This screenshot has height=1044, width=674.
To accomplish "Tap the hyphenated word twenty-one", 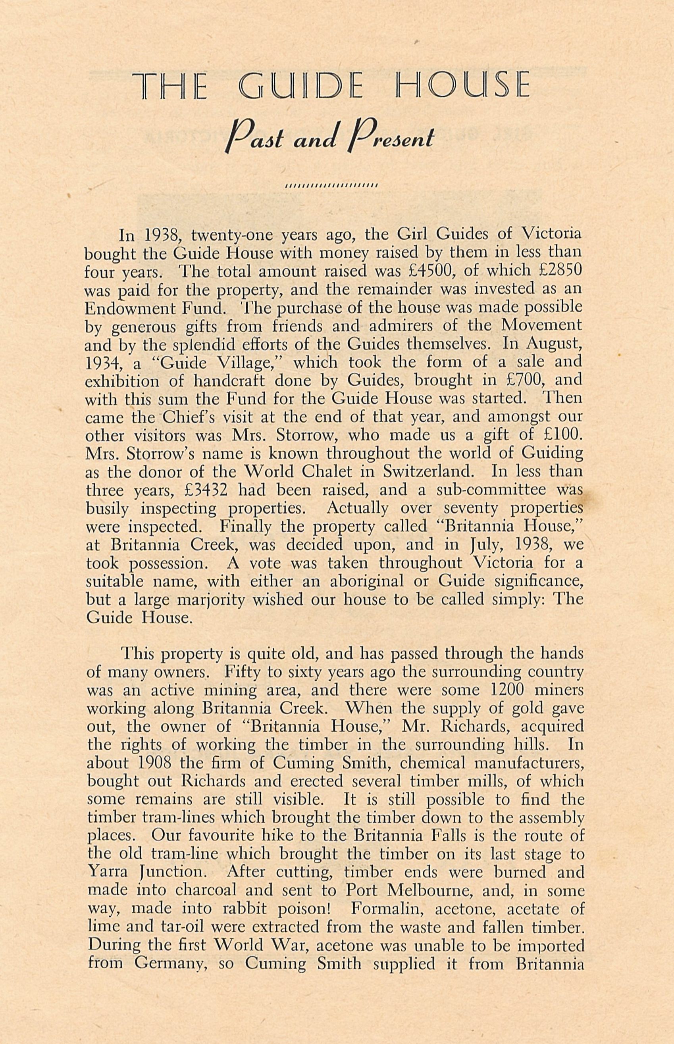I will (229, 234).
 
